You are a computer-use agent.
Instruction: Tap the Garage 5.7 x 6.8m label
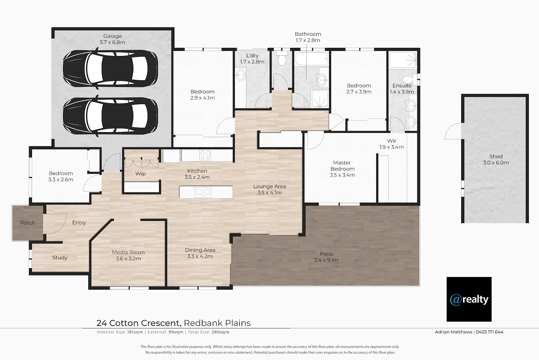[x=113, y=39]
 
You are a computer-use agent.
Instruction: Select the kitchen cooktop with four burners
[x=205, y=155]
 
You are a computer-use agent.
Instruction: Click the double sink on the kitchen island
[x=203, y=192]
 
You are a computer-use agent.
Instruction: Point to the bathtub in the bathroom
[x=311, y=59]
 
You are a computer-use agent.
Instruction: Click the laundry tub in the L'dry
[x=241, y=75]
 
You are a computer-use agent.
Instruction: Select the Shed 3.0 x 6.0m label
[x=496, y=159]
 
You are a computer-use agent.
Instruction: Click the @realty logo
[x=469, y=299]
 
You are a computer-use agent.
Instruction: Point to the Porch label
[x=28, y=223]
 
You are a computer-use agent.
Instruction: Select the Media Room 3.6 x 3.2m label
[x=128, y=256]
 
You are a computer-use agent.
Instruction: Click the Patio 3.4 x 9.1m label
[x=326, y=257]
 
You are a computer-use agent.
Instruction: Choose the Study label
[x=60, y=258]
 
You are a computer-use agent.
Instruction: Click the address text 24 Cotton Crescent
[x=139, y=323]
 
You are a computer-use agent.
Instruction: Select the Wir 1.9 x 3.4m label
[x=391, y=144]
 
